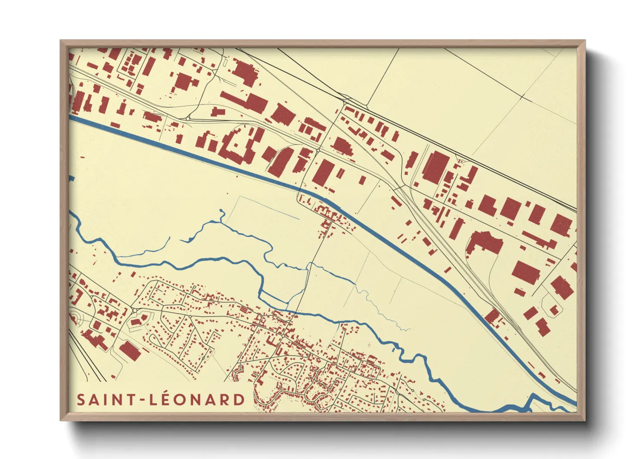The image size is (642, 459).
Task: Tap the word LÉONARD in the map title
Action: (x=197, y=400)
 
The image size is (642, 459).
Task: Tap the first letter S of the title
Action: (x=81, y=400)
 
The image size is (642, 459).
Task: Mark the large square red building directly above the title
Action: (x=130, y=351)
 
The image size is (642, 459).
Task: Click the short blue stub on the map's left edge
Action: (x=72, y=178)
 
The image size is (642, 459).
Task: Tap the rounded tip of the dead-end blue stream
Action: (x=222, y=211)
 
